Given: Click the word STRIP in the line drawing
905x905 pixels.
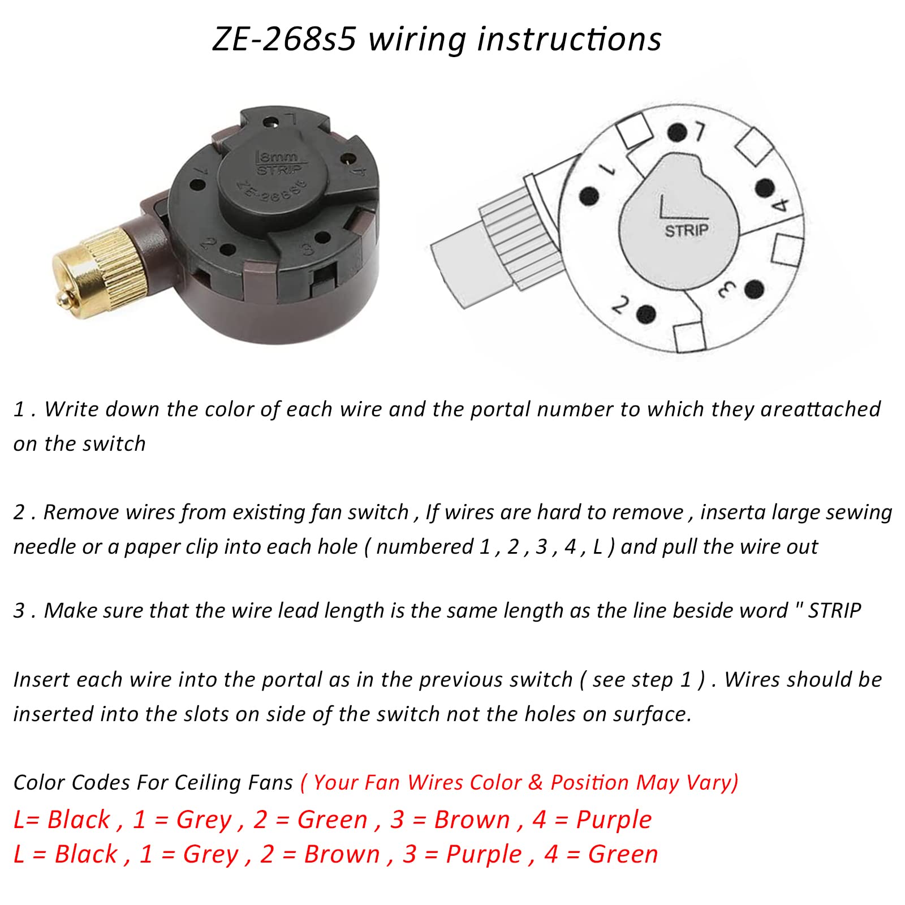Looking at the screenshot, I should click(686, 230).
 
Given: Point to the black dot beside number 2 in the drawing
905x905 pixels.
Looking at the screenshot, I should click(645, 313).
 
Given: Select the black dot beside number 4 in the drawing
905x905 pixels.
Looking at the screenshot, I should click(765, 187).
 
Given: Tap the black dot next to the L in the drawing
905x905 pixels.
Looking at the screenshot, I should click(676, 133).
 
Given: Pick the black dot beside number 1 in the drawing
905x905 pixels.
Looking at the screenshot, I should click(589, 196).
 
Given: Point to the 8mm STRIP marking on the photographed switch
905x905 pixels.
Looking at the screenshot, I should click(280, 162).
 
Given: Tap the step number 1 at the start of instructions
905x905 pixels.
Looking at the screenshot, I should click(19, 410).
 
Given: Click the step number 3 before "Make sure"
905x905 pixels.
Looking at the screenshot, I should click(19, 611).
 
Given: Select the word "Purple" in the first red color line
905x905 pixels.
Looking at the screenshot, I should click(614, 820).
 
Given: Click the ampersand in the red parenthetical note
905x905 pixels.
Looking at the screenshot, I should click(536, 782).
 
